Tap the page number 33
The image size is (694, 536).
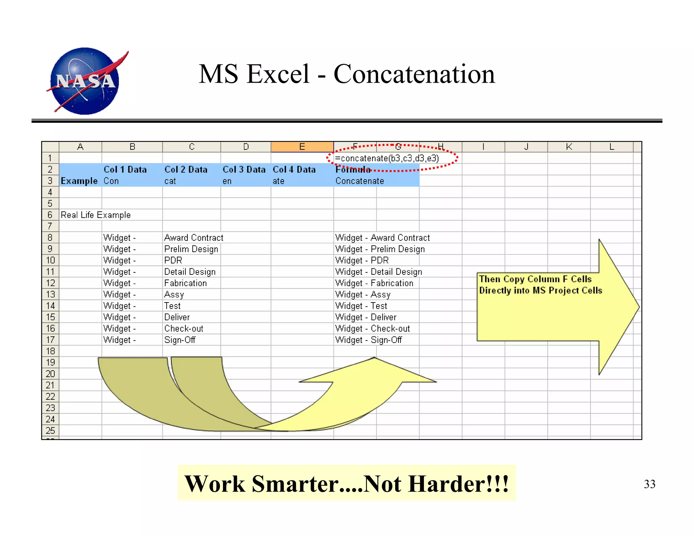pos(649,484)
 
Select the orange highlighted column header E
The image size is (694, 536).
pos(302,147)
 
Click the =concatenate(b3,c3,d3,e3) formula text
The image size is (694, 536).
pos(387,158)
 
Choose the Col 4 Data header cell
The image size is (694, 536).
pos(294,169)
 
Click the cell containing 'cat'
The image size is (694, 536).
pos(170,181)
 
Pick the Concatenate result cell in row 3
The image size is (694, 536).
pos(360,181)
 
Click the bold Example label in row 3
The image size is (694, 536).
pos(79,181)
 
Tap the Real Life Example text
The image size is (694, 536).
pos(96,215)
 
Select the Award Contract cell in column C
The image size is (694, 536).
pos(193,238)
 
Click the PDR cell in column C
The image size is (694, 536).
pos(173,260)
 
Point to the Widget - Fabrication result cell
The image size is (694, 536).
pos(374,283)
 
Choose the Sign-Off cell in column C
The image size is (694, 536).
pos(180,340)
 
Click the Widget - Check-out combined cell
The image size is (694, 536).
pos(372,328)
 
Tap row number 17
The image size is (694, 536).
pos(50,340)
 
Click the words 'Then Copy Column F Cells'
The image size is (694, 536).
pos(535,279)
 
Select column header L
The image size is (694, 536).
pos(611,147)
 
